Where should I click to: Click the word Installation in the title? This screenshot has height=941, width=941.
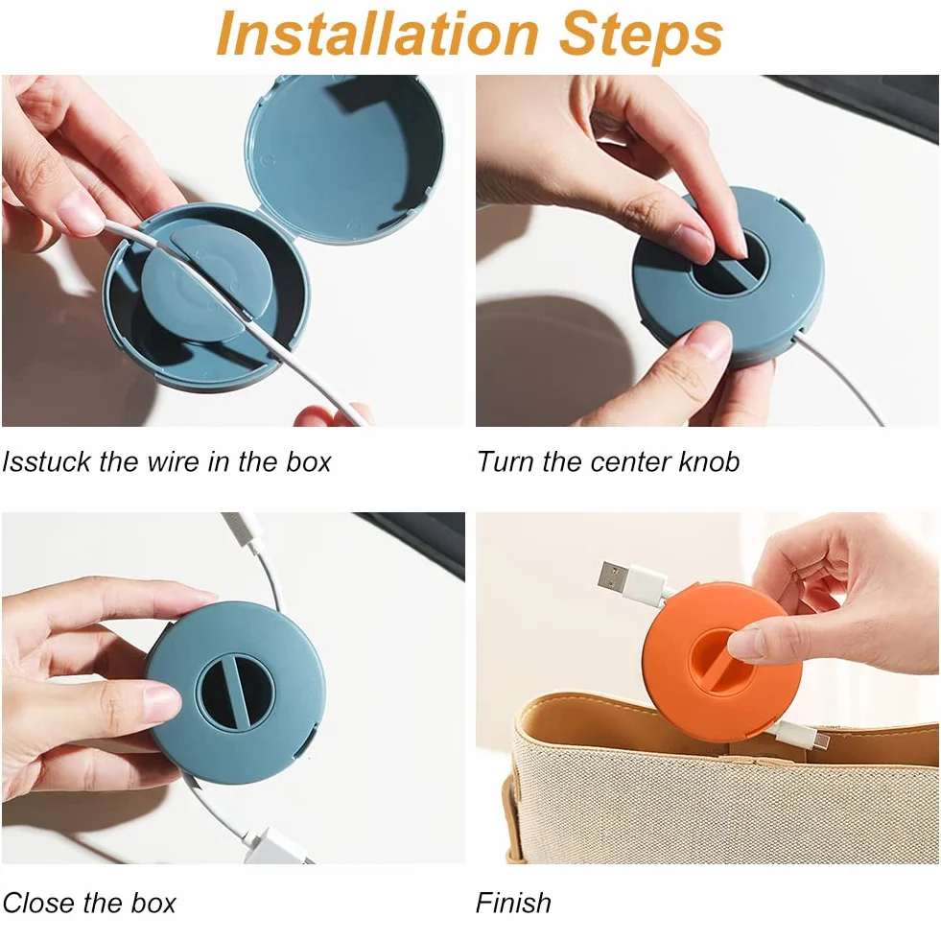[378, 35]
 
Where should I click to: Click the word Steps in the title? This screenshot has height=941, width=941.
[641, 35]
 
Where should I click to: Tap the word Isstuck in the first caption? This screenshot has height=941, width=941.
[46, 461]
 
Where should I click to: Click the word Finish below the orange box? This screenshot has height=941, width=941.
[513, 903]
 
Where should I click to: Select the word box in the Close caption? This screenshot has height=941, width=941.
[153, 903]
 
